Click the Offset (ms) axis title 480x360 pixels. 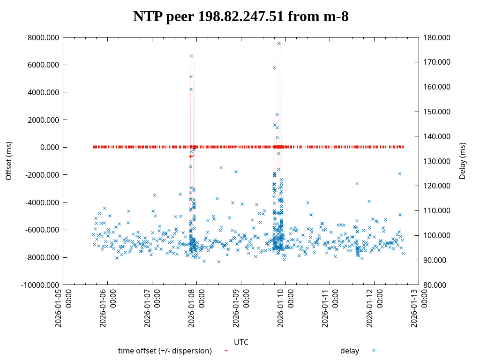pos(8,161)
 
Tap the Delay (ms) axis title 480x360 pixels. pos(463,161)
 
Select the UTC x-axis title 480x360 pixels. pos(241,342)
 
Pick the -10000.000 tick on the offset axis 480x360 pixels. pos(40,285)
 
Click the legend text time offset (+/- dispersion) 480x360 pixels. pos(165,351)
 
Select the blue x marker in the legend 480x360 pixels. pos(374,350)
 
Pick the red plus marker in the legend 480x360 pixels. pos(226,350)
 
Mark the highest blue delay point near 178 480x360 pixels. pos(278,43)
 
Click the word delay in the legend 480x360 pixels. pos(350,351)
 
